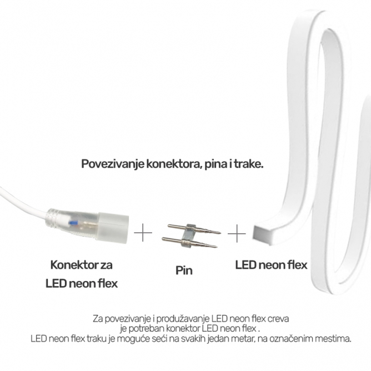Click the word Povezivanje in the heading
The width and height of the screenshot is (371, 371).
pos(113,164)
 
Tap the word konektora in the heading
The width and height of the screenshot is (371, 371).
pos(174,164)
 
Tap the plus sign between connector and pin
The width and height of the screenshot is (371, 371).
pos(143,233)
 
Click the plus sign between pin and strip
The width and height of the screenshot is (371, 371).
pos(237,233)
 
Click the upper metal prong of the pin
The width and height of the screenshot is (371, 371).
pos(194,229)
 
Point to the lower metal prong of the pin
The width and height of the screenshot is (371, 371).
pos(189,242)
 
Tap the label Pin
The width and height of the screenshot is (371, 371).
pos(184,271)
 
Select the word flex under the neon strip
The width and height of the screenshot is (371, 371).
pos(297,265)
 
